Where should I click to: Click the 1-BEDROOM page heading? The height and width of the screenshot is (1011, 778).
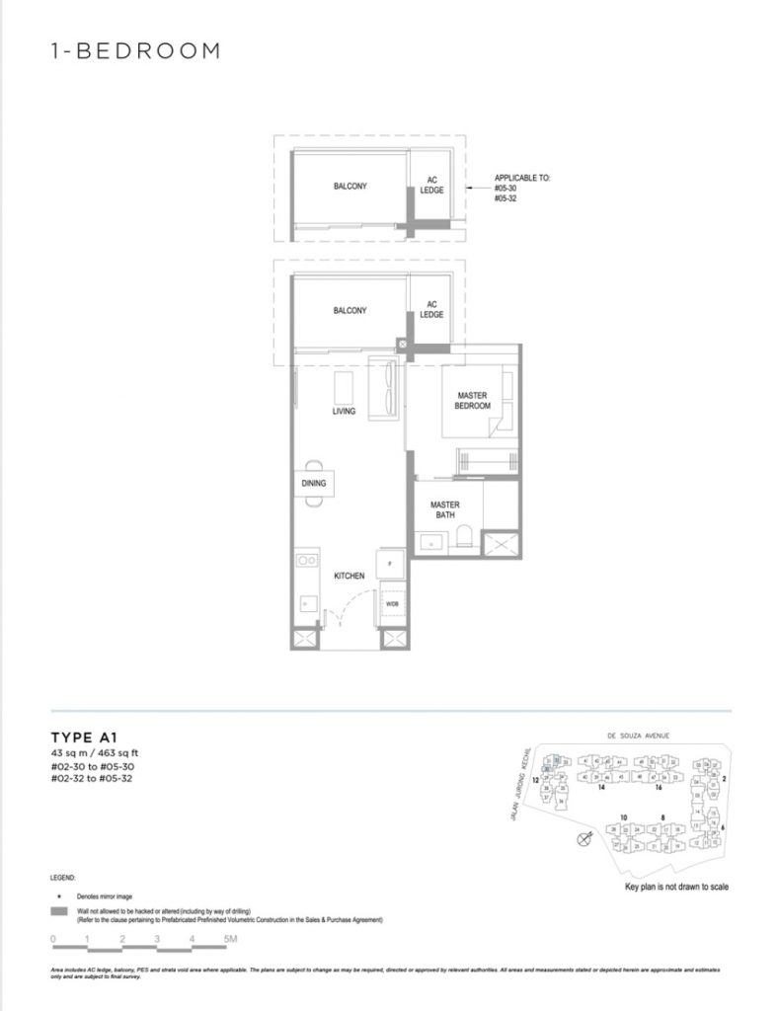[134, 51]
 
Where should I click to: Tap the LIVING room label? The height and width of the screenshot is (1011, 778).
[343, 411]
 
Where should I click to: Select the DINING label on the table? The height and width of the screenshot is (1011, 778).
[314, 484]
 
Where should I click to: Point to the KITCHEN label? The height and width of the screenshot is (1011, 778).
[349, 576]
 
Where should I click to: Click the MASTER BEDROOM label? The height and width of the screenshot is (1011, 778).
[472, 400]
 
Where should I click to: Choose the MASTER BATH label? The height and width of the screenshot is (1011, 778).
[445, 509]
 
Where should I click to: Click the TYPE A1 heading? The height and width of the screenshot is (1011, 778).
[86, 737]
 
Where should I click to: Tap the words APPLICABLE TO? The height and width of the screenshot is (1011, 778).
[522, 179]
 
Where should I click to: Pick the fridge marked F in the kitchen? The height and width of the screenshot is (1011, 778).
[391, 562]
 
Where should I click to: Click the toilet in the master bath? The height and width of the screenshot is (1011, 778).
[462, 539]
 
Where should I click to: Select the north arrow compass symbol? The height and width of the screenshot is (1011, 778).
[584, 838]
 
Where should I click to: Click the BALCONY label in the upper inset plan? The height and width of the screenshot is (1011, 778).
[350, 186]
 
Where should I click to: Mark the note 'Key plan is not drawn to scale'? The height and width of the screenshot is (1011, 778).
[677, 888]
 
